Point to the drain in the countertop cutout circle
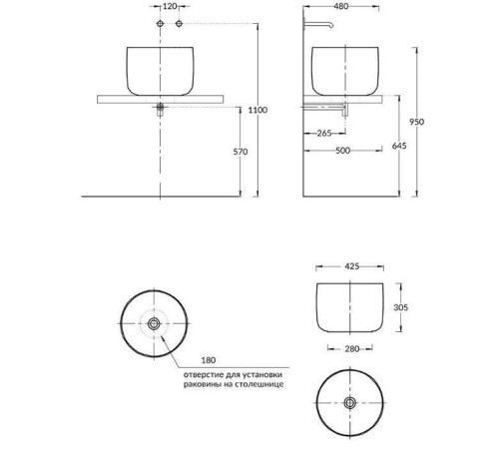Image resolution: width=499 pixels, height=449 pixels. pyautogui.click(x=155, y=323)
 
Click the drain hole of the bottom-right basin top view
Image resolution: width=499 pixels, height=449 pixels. pyautogui.click(x=348, y=402)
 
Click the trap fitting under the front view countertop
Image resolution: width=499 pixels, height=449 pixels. pyautogui.click(x=160, y=107)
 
